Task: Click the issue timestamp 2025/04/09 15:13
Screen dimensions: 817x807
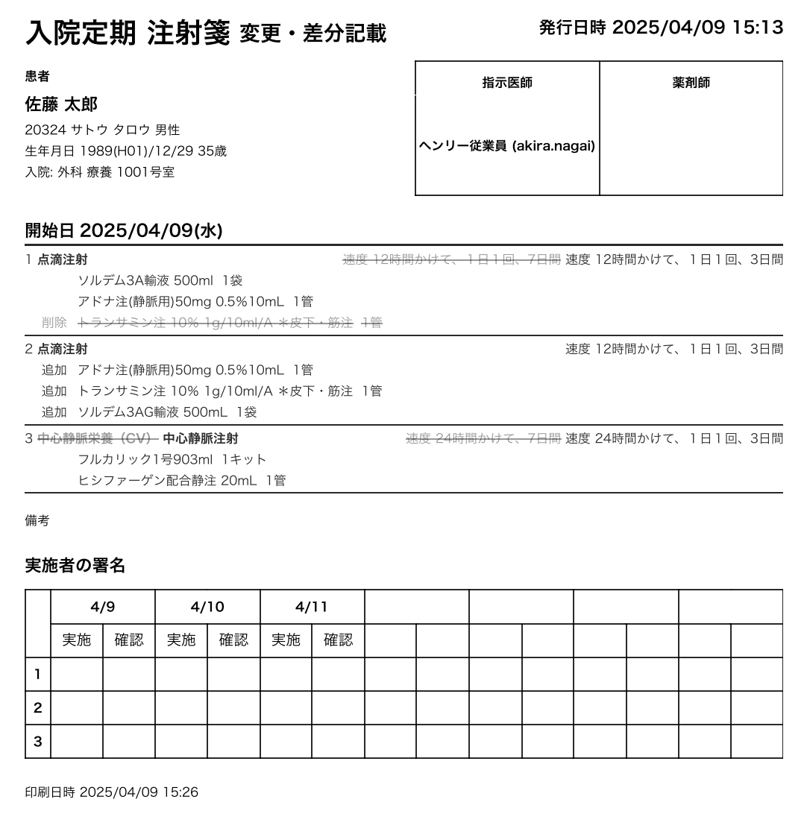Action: coord(697,28)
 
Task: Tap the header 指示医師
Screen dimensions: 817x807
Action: coord(507,83)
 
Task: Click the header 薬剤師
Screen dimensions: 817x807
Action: coord(691,83)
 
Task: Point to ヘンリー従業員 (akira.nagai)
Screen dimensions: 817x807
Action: coord(507,146)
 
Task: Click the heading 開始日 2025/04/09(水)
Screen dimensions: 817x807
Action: coord(124,230)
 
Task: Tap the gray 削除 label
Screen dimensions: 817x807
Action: coord(54,322)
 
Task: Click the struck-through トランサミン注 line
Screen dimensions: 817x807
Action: coord(230,322)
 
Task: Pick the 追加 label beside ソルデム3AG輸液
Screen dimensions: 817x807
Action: coord(54,411)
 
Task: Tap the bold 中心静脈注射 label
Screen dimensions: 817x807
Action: coord(201,438)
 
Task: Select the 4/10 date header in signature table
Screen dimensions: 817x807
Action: coord(207,607)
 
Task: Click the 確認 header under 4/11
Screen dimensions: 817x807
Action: coord(338,640)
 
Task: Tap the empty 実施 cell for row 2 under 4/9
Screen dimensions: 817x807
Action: coord(77,708)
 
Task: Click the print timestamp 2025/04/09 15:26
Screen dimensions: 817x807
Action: coord(139,792)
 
